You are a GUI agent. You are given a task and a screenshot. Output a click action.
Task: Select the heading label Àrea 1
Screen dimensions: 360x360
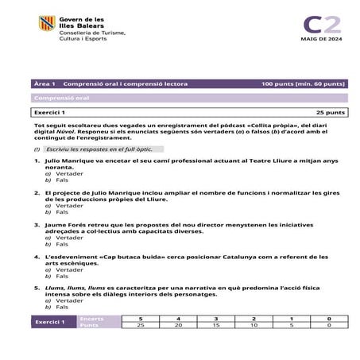45,83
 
